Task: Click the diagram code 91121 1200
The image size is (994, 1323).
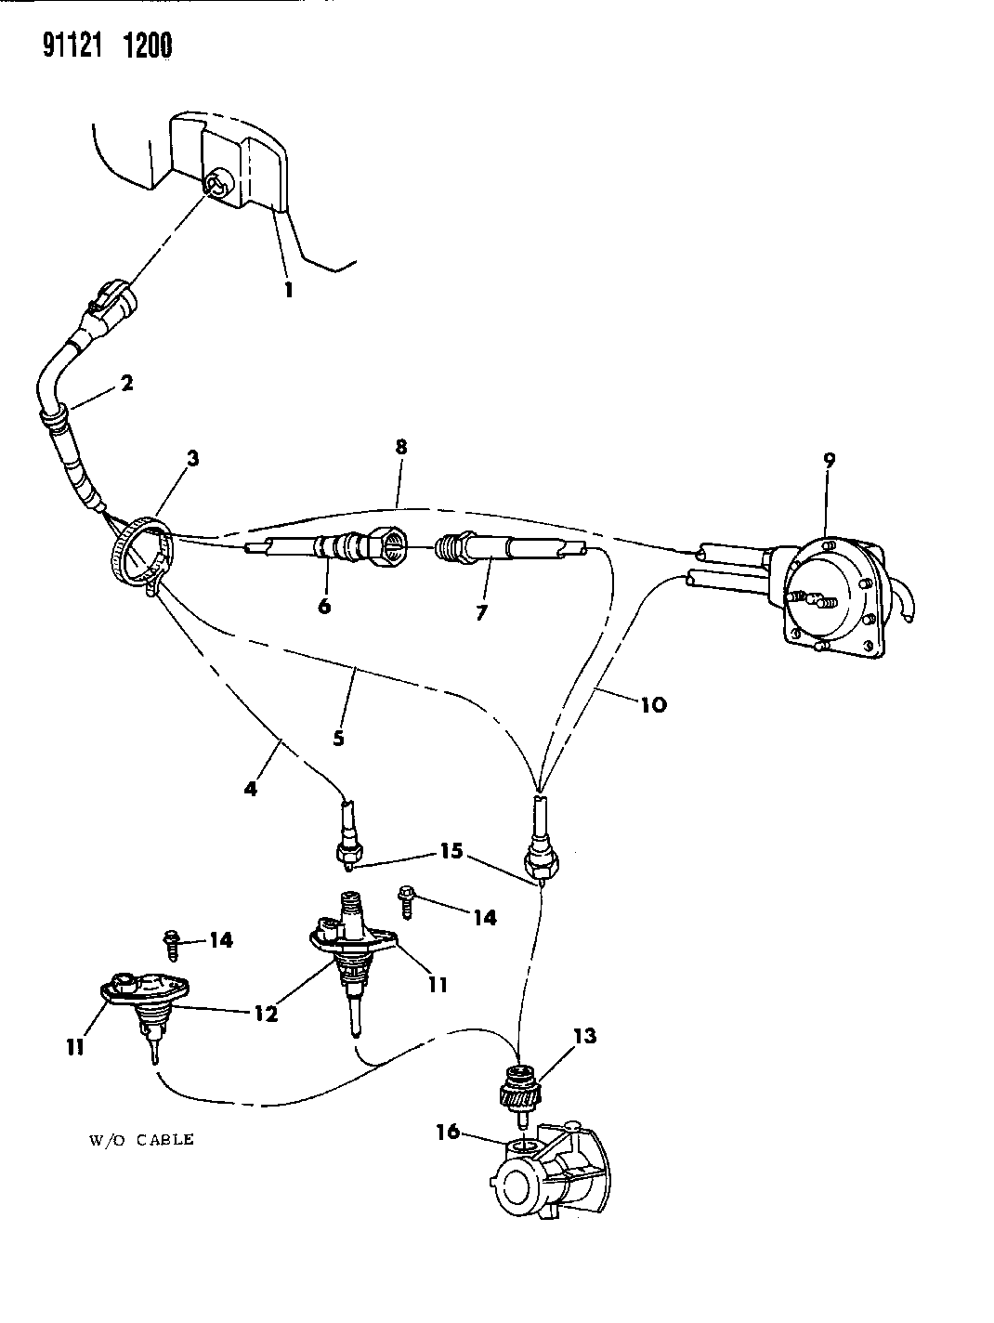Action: pos(107,46)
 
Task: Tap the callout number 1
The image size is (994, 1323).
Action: pos(289,290)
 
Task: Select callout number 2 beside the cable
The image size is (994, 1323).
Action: pos(126,383)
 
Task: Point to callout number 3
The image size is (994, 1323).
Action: pos(192,459)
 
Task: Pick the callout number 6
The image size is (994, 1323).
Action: pos(324,607)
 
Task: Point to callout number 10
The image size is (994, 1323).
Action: pos(654,704)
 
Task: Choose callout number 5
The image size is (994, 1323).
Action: pos(338,738)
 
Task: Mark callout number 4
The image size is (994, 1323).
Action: pos(251,789)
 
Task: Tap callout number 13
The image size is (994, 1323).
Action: pos(585,1036)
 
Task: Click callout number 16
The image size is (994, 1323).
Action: pos(448,1132)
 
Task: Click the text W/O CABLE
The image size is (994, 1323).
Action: pos(141,1140)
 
